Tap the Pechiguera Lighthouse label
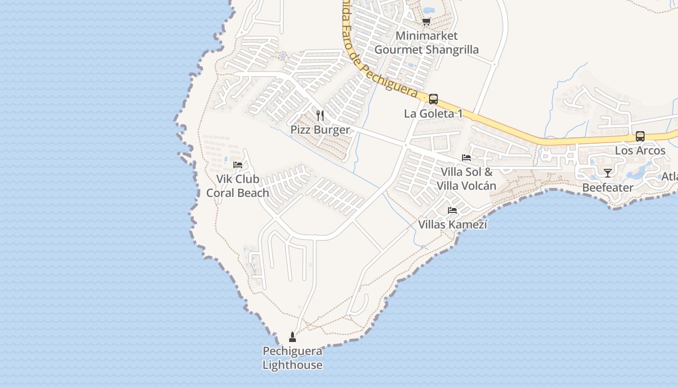(x=293, y=358)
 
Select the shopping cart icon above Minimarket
(x=426, y=21)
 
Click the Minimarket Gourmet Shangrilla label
(x=426, y=43)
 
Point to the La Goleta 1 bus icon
(x=433, y=99)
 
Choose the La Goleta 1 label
(x=433, y=114)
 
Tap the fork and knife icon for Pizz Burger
(x=320, y=115)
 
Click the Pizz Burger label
(x=320, y=130)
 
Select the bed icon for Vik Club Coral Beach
(x=237, y=164)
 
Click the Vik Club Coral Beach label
(x=237, y=186)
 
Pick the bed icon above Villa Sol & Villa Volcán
(x=466, y=157)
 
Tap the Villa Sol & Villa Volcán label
(x=466, y=179)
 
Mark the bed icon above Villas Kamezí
(x=452, y=210)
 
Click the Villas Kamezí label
(x=452, y=224)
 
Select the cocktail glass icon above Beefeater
(x=607, y=173)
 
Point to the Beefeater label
(x=607, y=187)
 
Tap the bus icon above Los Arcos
(x=640, y=136)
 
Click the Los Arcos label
(x=640, y=150)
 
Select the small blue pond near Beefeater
(x=638, y=171)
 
